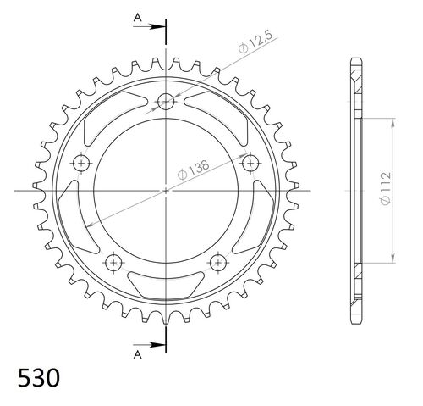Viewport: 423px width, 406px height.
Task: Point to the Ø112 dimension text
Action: tap(386, 190)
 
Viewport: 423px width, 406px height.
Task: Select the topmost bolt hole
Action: tap(166, 102)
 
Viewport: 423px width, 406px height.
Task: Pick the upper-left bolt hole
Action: tap(82, 162)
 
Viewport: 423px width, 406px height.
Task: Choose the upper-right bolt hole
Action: tap(250, 162)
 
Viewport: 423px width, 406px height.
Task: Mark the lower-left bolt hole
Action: tap(114, 261)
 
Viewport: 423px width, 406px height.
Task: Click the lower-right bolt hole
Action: tap(217, 261)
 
